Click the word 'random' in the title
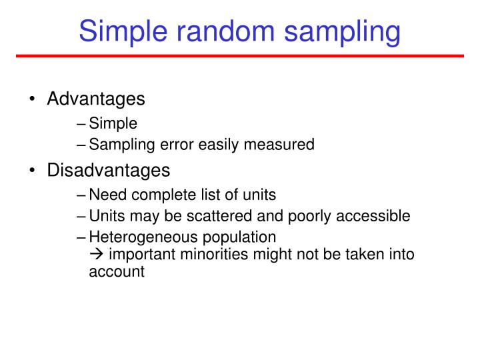225,31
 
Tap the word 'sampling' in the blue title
342,33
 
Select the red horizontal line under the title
240,56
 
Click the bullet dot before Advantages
32,99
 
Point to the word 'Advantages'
96,99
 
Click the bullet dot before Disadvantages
32,170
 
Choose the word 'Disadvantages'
109,170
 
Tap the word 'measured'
279,144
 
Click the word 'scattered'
219,216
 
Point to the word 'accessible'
373,216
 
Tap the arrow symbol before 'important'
96,254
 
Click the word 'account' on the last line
117,272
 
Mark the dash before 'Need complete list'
81,195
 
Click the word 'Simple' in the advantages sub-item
113,124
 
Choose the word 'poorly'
309,217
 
